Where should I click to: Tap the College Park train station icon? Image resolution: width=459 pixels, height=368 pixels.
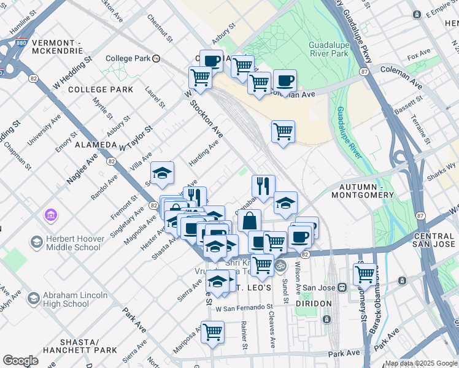point(156,59)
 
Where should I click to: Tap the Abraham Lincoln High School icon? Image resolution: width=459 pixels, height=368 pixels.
point(34,299)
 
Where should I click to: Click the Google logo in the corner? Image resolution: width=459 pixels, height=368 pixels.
point(20,361)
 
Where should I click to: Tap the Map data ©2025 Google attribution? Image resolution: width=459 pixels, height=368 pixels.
point(421,363)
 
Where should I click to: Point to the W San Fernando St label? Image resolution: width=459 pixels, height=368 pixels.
point(244,307)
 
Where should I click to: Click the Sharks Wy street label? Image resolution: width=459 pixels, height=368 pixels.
point(443,170)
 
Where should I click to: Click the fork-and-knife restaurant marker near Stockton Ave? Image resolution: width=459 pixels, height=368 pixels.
point(263,185)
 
